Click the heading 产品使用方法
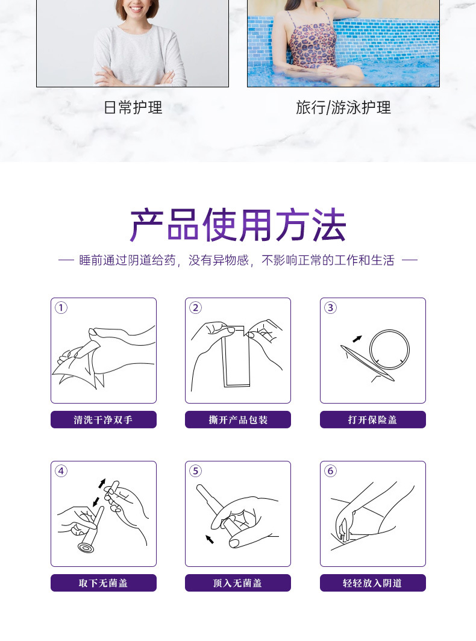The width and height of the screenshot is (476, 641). point(238,225)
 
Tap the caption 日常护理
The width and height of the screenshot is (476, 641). point(133,108)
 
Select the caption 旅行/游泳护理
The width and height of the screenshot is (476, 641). point(343,108)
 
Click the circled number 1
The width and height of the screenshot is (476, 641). point(61,308)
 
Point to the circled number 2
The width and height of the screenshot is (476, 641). point(195,308)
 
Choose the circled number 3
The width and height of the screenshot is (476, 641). point(330,308)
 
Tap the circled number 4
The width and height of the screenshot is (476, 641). point(61,471)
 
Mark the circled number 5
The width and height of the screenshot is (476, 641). point(195,471)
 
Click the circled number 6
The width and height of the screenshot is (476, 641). point(330,471)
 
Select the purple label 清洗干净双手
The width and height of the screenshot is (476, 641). point(103,420)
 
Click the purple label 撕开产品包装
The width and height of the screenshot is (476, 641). point(238,420)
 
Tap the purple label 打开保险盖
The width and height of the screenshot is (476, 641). point(372,420)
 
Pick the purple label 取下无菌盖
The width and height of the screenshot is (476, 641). point(103,583)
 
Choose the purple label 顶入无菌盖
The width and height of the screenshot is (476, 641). point(238,583)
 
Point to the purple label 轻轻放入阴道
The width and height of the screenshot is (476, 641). point(372,583)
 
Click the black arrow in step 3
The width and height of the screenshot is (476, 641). point(358,338)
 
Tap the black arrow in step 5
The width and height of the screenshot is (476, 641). point(210,538)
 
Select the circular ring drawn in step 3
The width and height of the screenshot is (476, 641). point(390,349)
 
